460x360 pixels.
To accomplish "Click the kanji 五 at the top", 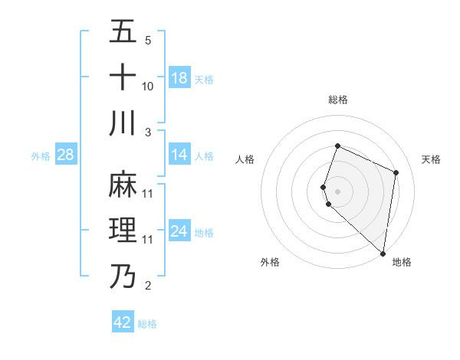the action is (123, 32).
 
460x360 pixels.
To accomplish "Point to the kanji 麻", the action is (123, 185).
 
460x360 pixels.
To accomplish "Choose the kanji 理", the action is (123, 230).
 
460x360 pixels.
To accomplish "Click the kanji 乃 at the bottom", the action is (123, 276).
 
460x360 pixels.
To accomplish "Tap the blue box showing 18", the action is (179, 78).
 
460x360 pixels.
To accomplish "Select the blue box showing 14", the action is (179, 155).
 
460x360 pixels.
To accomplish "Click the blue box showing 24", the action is (179, 232).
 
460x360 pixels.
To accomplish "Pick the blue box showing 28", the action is (66, 155).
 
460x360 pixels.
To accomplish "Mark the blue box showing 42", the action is (123, 322).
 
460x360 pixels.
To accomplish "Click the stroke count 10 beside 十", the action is (148, 87).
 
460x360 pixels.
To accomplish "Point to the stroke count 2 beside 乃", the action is (147, 286).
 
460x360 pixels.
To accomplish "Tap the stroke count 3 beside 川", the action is (147, 133).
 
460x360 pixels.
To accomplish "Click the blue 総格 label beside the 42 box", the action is (147, 324).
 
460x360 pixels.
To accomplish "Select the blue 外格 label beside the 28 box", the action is (41, 156).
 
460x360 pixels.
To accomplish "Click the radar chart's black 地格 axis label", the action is (402, 263).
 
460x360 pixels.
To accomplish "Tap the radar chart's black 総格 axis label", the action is (338, 100).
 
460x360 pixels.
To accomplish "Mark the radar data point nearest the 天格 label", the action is (396, 172).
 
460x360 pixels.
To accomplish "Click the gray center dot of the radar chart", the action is (338, 191).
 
